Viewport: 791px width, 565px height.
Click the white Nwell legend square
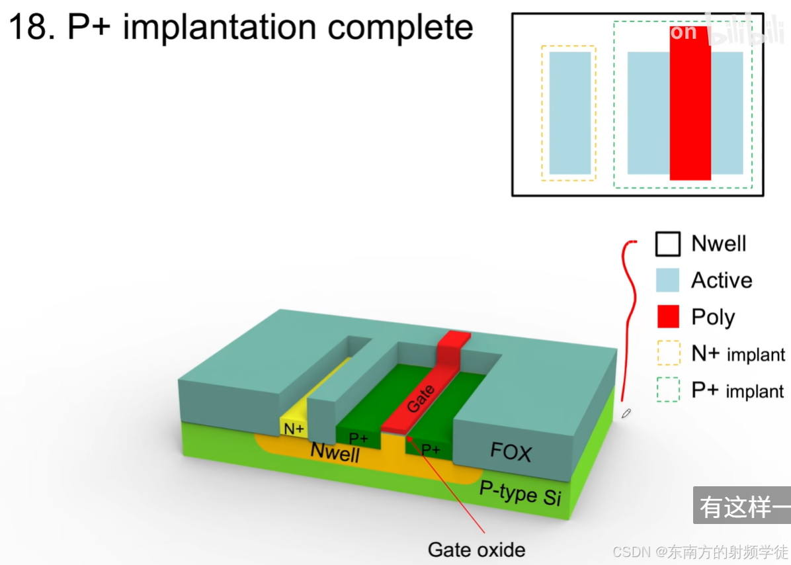click(668, 243)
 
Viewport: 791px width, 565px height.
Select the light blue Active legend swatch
click(668, 281)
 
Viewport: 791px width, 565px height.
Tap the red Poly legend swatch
click(668, 317)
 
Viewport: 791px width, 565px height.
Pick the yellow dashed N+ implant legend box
click(668, 354)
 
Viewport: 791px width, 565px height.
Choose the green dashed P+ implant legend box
click(668, 390)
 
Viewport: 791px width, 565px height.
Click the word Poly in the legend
click(713, 318)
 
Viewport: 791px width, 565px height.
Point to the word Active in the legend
click(722, 281)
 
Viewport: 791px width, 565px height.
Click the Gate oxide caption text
click(476, 549)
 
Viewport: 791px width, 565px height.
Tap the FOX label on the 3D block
click(511, 453)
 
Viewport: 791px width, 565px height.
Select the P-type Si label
click(520, 494)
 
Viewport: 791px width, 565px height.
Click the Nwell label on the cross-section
click(335, 453)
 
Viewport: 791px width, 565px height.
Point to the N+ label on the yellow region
click(294, 429)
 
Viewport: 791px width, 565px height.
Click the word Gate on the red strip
click(421, 398)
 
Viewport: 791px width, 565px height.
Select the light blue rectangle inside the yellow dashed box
click(569, 113)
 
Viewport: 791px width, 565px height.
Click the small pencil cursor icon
click(626, 413)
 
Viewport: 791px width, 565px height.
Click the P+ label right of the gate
click(431, 450)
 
